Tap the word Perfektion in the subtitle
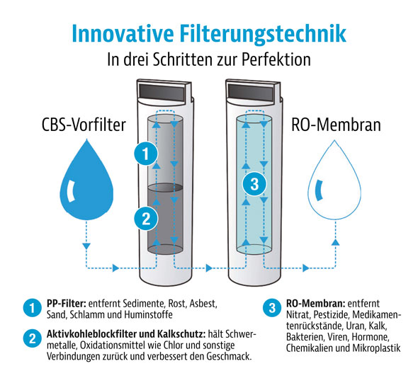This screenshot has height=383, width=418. click(x=276, y=59)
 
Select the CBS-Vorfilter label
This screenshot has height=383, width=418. click(x=84, y=125)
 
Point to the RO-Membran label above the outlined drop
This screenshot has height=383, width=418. click(x=336, y=125)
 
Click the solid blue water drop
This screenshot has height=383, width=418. click(x=86, y=181)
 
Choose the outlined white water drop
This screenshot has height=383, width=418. click(x=334, y=181)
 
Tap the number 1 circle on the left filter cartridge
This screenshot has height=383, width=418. click(x=145, y=154)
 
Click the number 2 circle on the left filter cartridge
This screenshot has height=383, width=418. click(x=146, y=219)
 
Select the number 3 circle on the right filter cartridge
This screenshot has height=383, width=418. click(x=254, y=184)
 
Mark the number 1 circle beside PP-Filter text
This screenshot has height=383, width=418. click(x=33, y=308)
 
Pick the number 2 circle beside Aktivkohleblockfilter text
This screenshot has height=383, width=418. click(x=33, y=339)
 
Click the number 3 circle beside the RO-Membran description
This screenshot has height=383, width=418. click(x=272, y=308)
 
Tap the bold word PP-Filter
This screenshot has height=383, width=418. click(x=67, y=304)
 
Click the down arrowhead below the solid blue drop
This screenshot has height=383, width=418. click(x=86, y=246)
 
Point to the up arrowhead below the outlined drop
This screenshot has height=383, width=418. click(x=335, y=242)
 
